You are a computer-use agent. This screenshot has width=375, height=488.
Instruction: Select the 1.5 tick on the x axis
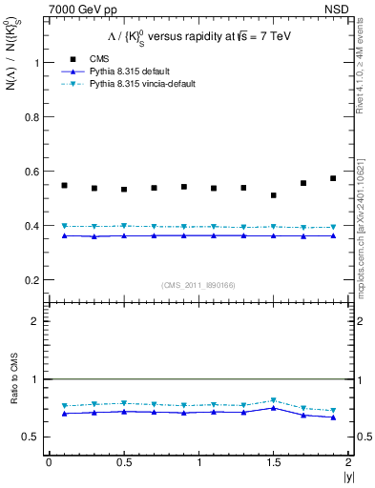click(274, 462)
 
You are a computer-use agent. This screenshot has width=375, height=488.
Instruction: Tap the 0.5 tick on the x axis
click(124, 462)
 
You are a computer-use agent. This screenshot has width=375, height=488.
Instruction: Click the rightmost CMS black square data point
click(333, 178)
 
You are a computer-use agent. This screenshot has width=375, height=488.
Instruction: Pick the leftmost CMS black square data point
click(64, 186)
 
